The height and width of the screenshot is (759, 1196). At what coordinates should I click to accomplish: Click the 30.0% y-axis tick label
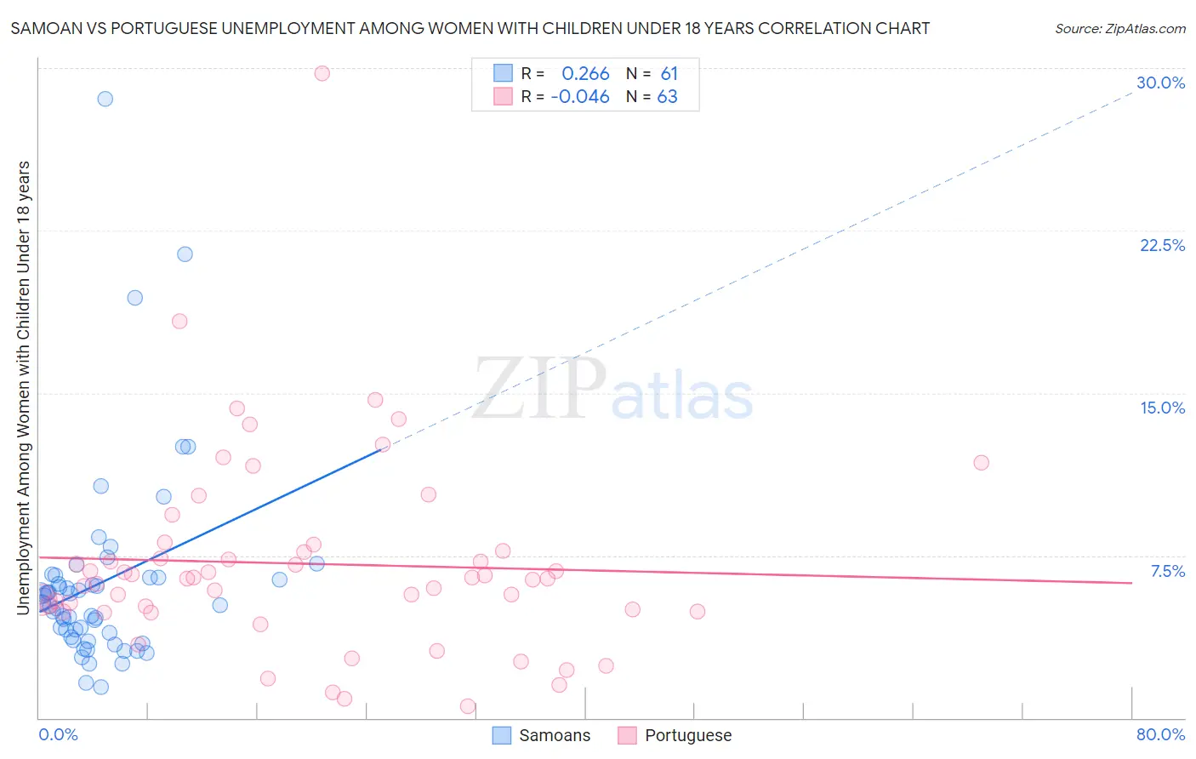(x=1160, y=83)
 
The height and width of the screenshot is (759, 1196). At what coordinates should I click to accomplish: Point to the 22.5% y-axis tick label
(x=1161, y=245)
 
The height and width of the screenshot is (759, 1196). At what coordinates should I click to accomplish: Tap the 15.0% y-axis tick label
(x=1162, y=408)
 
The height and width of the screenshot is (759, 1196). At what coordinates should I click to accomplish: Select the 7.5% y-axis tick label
(x=1167, y=571)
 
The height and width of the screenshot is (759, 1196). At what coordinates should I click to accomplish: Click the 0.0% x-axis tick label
(x=58, y=734)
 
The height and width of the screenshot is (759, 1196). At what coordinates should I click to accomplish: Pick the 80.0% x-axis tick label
(x=1160, y=734)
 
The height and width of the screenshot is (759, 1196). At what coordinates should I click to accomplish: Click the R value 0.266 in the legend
(x=585, y=74)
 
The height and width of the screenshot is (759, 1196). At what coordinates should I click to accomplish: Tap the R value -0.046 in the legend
(x=580, y=97)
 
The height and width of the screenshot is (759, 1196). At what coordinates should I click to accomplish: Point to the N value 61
(x=669, y=74)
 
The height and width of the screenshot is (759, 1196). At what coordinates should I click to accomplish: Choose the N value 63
(x=667, y=97)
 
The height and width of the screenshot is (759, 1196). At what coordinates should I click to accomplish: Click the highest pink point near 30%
(x=322, y=73)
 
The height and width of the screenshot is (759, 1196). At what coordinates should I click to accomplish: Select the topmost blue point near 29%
(x=105, y=99)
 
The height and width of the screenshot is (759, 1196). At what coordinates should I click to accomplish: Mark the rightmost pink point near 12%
(x=981, y=463)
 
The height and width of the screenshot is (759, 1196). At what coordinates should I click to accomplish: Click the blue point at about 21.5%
(x=185, y=254)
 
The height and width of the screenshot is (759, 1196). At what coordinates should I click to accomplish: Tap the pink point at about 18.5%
(x=179, y=322)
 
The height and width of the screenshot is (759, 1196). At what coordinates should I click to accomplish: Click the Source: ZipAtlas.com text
(x=1119, y=29)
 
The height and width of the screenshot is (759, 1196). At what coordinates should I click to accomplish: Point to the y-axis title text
(x=23, y=387)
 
